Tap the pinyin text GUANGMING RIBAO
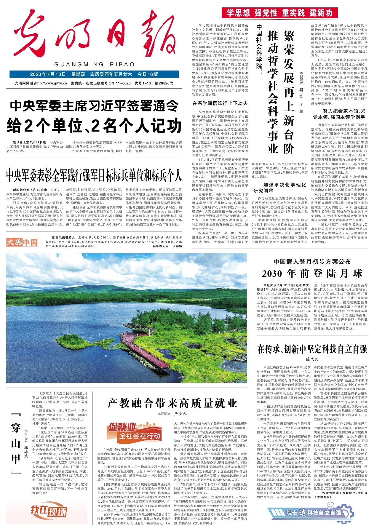pos(95,65)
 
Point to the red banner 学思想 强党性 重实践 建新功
pos(279,13)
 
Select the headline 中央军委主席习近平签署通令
pos(94,105)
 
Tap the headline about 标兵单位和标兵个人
pos(94,175)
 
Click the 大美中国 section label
pos(22,242)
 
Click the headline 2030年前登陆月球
pos(312,273)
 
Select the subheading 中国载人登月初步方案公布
pos(312,261)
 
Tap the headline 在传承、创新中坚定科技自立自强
pos(312,349)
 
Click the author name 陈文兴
pos(312,359)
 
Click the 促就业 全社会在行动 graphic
pos(135,431)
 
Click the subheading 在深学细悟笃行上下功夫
pos(220,103)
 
